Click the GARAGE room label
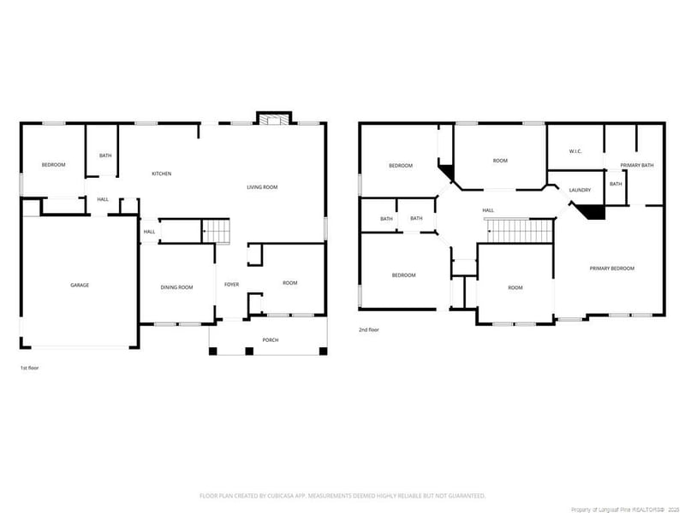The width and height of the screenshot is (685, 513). pyautogui.click(x=80, y=285)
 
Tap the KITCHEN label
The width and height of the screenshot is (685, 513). pyautogui.click(x=162, y=174)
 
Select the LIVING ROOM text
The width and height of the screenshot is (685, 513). pyautogui.click(x=262, y=187)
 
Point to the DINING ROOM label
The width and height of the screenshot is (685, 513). pyautogui.click(x=176, y=287)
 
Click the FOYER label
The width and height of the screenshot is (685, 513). pyautogui.click(x=231, y=285)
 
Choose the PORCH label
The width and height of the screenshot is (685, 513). pyautogui.click(x=271, y=340)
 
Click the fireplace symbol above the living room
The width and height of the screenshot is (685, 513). pyautogui.click(x=275, y=121)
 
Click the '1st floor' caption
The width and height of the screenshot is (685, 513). pyautogui.click(x=29, y=368)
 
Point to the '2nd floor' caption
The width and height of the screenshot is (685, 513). pyautogui.click(x=369, y=329)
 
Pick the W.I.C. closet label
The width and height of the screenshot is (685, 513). pyautogui.click(x=575, y=151)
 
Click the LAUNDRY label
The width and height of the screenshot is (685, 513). pyautogui.click(x=580, y=190)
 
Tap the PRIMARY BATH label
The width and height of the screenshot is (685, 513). pyautogui.click(x=637, y=165)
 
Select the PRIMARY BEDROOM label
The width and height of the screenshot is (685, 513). pyautogui.click(x=612, y=268)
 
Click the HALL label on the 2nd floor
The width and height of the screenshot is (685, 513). pyautogui.click(x=488, y=210)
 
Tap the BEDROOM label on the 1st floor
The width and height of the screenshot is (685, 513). pyautogui.click(x=53, y=165)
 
